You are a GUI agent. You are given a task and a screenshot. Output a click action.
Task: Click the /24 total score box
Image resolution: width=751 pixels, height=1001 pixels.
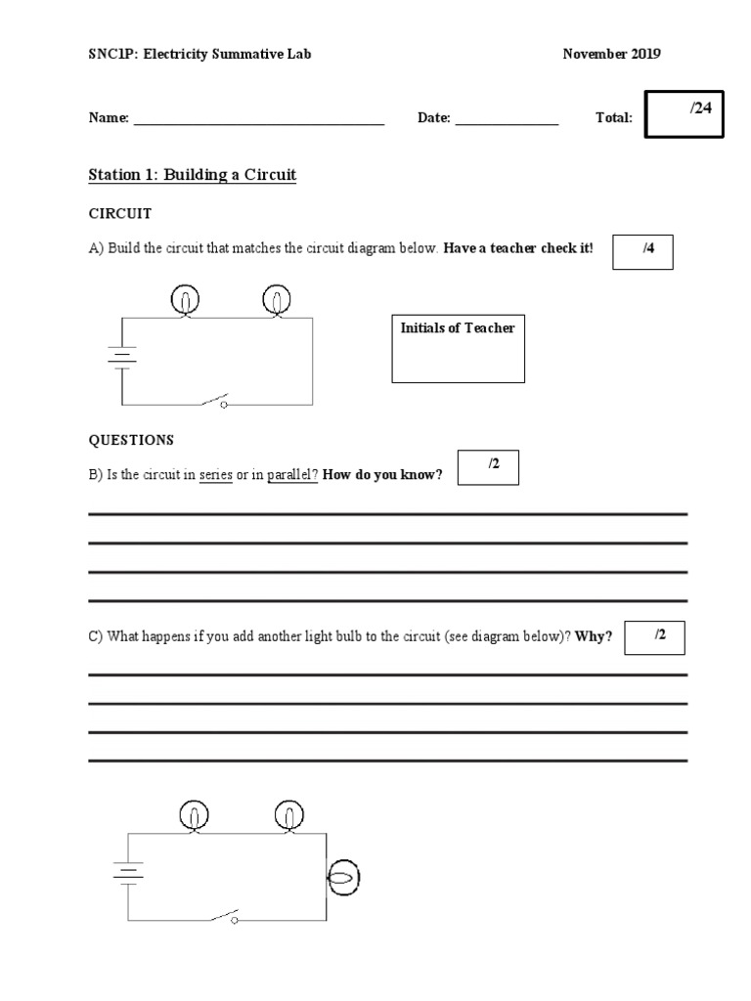pyautogui.click(x=685, y=115)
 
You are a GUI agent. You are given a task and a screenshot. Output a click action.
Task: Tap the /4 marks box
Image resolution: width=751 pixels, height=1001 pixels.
pyautogui.click(x=642, y=251)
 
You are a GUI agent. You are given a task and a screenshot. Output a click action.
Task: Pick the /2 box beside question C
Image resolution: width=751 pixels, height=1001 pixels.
pyautogui.click(x=653, y=637)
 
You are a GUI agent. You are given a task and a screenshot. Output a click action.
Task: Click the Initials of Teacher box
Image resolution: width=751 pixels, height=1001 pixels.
pyautogui.click(x=457, y=348)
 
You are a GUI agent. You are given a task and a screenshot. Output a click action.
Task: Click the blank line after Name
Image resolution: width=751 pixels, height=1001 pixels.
pyautogui.click(x=258, y=119)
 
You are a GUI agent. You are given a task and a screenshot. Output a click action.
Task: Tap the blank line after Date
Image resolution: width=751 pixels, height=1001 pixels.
pyautogui.click(x=507, y=119)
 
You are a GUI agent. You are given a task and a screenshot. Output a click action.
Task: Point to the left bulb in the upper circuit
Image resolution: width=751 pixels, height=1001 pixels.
pyautogui.click(x=186, y=300)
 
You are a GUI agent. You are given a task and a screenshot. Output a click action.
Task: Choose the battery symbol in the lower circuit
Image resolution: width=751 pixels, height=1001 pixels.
pyautogui.click(x=127, y=872)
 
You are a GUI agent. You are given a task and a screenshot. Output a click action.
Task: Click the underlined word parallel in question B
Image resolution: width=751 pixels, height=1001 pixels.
pyautogui.click(x=292, y=475)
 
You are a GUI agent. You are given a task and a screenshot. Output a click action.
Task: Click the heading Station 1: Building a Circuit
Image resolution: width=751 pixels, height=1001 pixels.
pyautogui.click(x=192, y=175)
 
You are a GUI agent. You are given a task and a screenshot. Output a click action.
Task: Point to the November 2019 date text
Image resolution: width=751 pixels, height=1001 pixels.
pyautogui.click(x=611, y=54)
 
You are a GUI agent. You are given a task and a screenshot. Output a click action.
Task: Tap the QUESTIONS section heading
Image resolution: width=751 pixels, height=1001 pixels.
pyautogui.click(x=131, y=440)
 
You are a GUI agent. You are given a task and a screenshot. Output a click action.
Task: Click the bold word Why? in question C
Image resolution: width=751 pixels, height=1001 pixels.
pyautogui.click(x=594, y=636)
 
